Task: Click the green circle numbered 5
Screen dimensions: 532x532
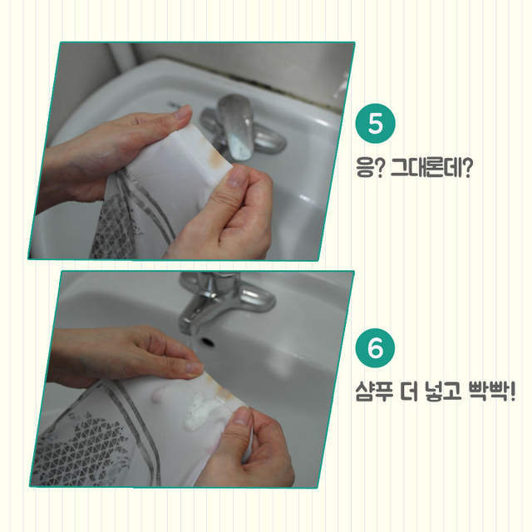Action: click(x=375, y=123)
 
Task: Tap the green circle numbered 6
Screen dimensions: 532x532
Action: click(x=375, y=347)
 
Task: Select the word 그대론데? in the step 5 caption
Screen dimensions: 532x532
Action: click(x=431, y=168)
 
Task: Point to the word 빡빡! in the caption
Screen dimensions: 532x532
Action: click(x=491, y=392)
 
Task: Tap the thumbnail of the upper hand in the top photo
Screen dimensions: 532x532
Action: click(x=184, y=111)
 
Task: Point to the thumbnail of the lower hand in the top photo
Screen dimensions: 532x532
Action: click(x=236, y=176)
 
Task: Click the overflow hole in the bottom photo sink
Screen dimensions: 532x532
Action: click(x=207, y=342)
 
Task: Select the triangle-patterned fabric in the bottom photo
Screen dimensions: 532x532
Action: click(x=81, y=448)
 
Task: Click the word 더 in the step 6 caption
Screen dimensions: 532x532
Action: click(x=409, y=392)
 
